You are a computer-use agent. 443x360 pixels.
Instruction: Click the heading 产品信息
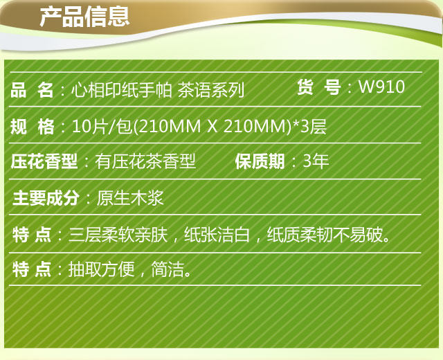coord(84,17)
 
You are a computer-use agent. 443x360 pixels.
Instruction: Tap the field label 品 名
coord(32,90)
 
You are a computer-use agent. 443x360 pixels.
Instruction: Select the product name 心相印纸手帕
coord(122,91)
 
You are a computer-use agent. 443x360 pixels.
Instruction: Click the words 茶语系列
coord(210,91)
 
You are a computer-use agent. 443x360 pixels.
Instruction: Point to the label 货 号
coord(318,87)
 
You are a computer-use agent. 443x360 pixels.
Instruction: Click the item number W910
coord(381,87)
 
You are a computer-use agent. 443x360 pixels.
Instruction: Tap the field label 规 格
coord(32,126)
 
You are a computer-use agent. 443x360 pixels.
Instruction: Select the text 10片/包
coord(102,126)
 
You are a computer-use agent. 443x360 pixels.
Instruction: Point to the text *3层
coord(309,126)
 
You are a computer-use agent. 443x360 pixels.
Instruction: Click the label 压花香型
coord(44,161)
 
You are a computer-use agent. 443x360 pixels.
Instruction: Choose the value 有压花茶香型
coord(145,161)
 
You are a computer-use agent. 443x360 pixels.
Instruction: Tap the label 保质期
coord(260,161)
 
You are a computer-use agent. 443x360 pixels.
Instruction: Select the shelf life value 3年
coord(316,161)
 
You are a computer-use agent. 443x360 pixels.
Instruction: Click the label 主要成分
coord(45,197)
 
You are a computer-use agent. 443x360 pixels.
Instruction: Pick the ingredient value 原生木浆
coord(130,197)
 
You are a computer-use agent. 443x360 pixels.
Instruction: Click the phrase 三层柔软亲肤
coord(118,235)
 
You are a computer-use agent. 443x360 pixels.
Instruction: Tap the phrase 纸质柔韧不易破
coord(325,235)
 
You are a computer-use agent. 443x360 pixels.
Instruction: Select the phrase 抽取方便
coord(101,269)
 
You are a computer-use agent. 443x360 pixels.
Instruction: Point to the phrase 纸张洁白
coord(217,235)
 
